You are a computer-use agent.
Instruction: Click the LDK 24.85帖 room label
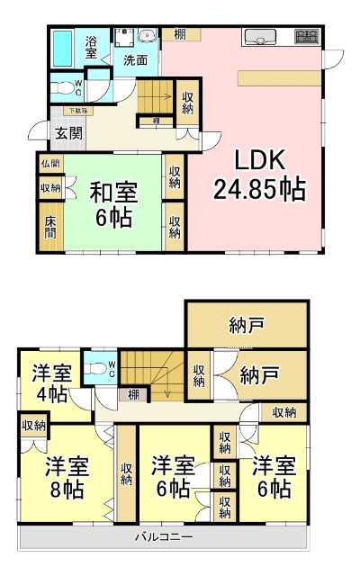click(259, 175)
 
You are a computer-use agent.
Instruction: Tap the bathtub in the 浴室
click(64, 48)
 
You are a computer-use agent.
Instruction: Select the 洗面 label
click(136, 60)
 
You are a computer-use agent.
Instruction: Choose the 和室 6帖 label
click(112, 204)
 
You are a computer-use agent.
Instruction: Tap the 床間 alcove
click(50, 225)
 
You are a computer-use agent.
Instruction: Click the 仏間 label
click(50, 164)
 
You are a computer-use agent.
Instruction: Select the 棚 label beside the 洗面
click(181, 35)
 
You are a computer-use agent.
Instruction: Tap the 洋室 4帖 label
click(51, 383)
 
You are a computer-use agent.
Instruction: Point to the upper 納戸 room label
click(246, 322)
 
